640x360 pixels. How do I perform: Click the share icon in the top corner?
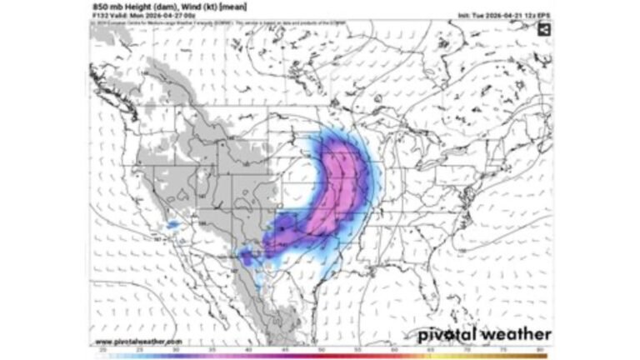pos(543,30)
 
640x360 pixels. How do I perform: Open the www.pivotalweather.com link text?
pos(137,341)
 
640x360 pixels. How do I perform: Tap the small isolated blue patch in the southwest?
pos(173,224)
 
